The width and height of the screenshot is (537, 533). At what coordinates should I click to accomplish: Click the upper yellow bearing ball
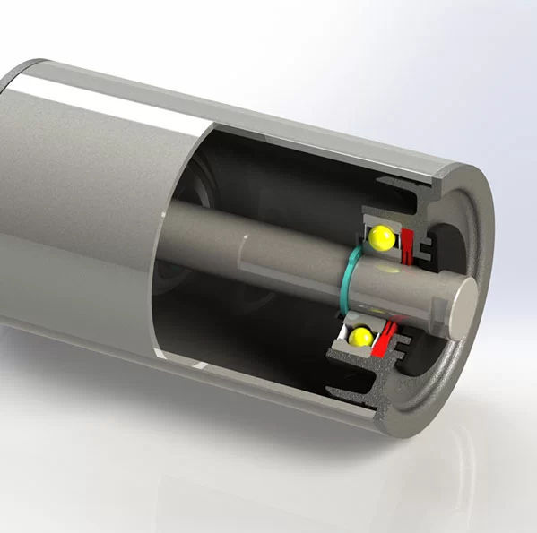381,238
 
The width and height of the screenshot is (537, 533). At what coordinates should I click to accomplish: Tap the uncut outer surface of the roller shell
72,224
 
